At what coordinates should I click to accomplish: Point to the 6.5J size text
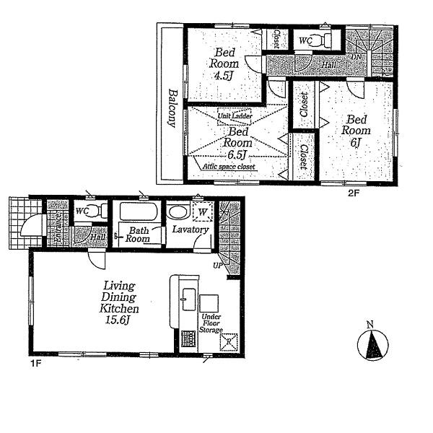(237, 154)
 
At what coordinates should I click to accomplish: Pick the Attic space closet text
(229, 167)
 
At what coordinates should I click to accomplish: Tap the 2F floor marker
(353, 193)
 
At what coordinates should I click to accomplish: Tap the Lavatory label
(191, 230)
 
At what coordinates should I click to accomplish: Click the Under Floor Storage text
(211, 323)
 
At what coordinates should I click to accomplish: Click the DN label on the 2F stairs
(355, 56)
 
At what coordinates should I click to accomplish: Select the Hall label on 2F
(328, 65)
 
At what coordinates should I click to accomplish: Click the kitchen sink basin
(188, 294)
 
